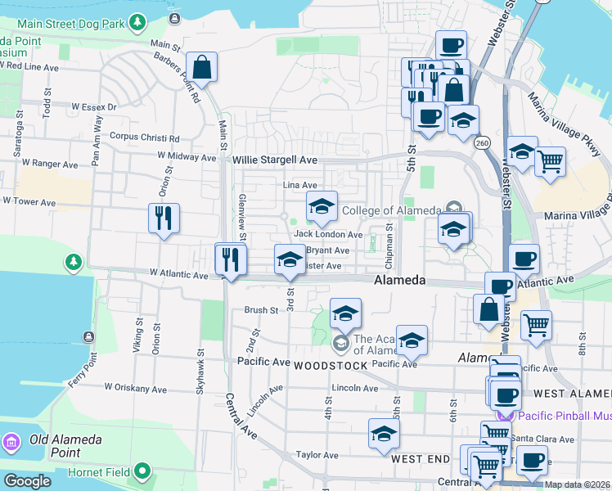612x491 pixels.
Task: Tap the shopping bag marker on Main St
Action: pos(201,67)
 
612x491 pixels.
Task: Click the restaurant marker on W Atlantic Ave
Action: pos(231,259)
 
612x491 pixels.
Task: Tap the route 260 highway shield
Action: pos(481,141)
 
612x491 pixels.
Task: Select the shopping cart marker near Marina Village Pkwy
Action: pos(551,160)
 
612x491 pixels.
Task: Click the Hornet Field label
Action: pos(90,471)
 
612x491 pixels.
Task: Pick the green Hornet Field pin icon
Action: pos(143,471)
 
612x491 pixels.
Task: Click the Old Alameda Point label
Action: pos(66,439)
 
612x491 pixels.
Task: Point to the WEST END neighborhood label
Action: pos(421,459)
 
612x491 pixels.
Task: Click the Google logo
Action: pos(27,481)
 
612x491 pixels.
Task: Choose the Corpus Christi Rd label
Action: pos(144,137)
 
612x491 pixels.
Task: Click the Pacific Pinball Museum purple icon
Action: pos(505,416)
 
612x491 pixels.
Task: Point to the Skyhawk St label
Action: pos(199,375)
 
